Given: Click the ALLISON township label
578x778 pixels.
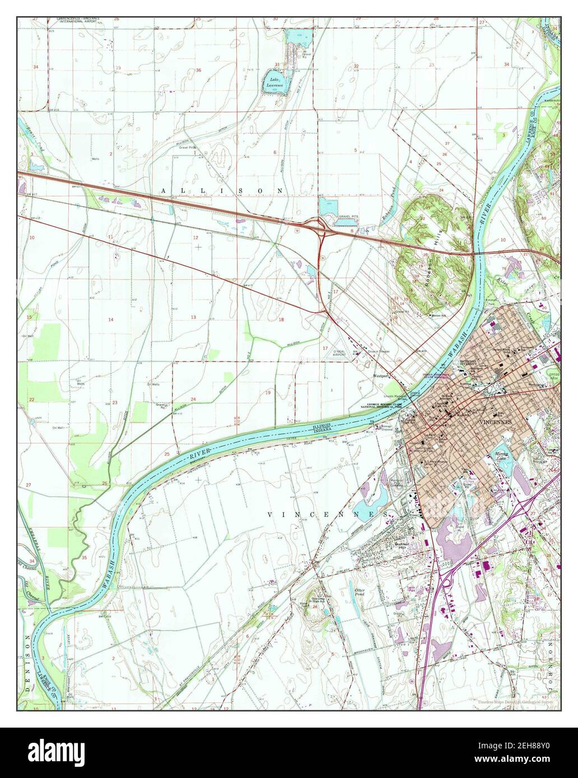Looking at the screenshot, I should tap(222, 191).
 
